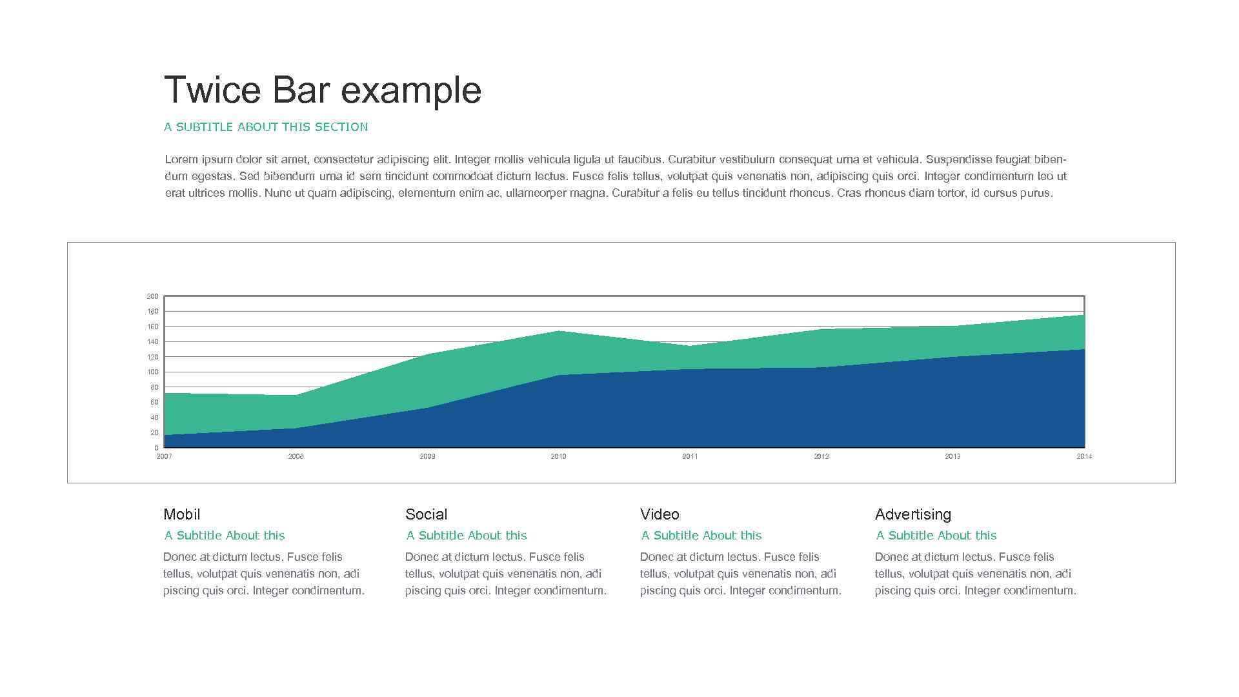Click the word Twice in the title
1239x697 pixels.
pyautogui.click(x=212, y=90)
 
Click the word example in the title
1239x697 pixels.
pyautogui.click(x=411, y=91)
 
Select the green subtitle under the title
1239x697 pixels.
pyautogui.click(x=266, y=127)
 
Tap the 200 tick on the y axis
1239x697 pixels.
pyautogui.click(x=152, y=297)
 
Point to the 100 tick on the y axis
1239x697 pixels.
pyautogui.click(x=152, y=372)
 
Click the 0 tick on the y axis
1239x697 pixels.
pyautogui.click(x=156, y=448)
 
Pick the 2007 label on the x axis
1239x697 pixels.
pyautogui.click(x=165, y=457)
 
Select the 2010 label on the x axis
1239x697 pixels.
pyautogui.click(x=558, y=457)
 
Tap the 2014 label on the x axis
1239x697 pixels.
pyautogui.click(x=1084, y=457)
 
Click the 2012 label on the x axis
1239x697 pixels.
pyautogui.click(x=821, y=457)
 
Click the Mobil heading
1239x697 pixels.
pyautogui.click(x=181, y=514)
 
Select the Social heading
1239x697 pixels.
pyautogui.click(x=426, y=514)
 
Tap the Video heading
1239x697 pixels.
pyautogui.click(x=660, y=514)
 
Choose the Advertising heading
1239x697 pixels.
pyautogui.click(x=912, y=514)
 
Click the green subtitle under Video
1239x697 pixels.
pyautogui.click(x=701, y=536)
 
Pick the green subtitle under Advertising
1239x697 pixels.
pyautogui.click(x=936, y=536)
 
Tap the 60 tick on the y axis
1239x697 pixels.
pyautogui.click(x=154, y=403)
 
